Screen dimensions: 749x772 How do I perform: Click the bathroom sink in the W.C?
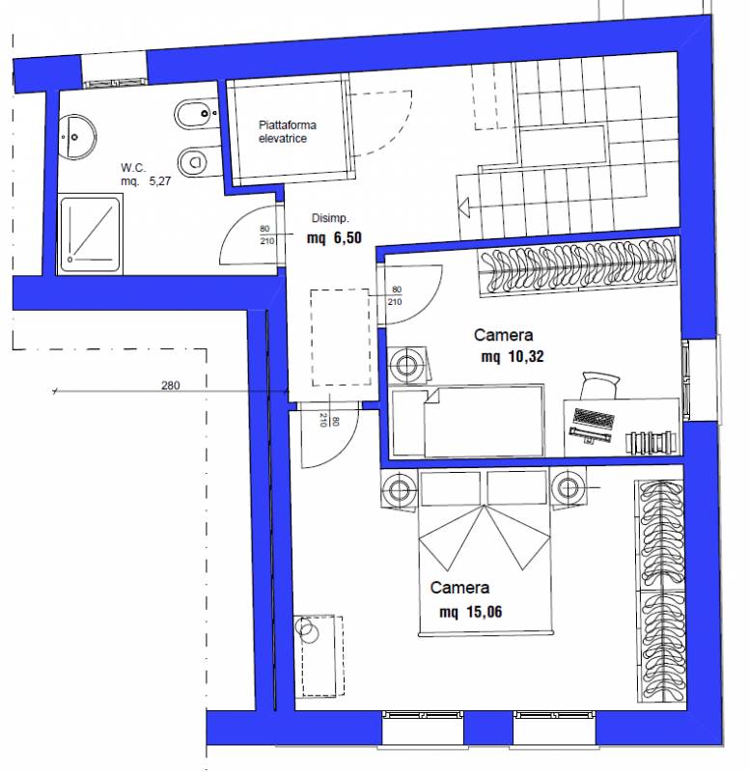point(76,137)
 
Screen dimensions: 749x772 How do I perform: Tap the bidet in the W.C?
point(195,114)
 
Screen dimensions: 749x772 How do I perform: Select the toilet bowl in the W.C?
point(197,161)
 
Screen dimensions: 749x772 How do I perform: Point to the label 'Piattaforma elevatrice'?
point(288,131)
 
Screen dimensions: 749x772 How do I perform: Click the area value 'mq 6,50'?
point(334,238)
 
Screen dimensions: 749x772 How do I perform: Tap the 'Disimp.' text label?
point(330,218)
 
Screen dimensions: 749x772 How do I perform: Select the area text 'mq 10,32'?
point(513,356)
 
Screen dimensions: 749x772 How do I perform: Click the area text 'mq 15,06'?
point(471,612)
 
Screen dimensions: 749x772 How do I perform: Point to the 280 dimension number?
point(171,385)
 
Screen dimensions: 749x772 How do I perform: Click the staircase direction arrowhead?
point(464,207)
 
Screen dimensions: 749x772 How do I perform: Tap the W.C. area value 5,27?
point(160,181)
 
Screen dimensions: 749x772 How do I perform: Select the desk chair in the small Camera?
point(599,385)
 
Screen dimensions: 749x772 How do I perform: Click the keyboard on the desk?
point(594,419)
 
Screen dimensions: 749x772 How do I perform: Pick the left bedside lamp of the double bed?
point(397,489)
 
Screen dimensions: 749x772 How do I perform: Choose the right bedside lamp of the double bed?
point(568,488)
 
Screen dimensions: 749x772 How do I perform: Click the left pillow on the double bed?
point(451,488)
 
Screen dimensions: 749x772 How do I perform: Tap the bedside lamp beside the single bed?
point(406,366)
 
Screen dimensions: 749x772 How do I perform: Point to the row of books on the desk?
point(651,442)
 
